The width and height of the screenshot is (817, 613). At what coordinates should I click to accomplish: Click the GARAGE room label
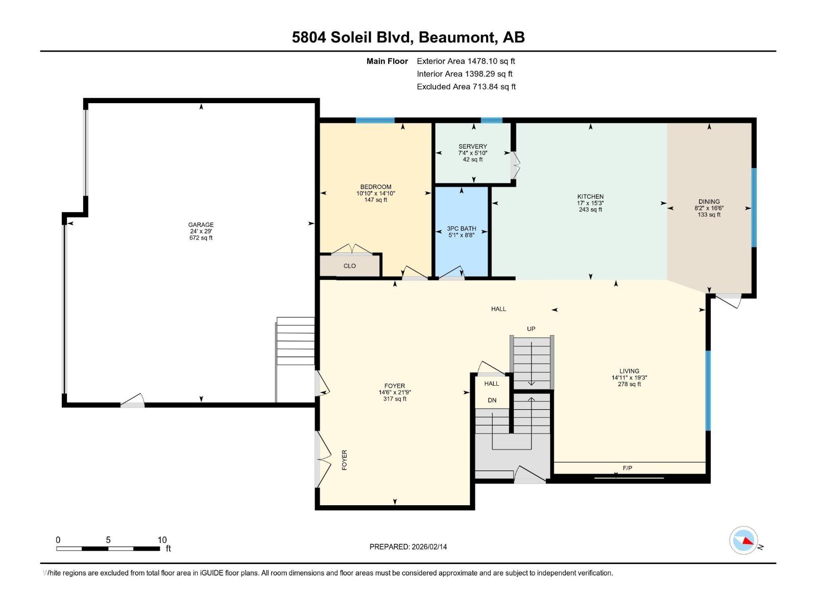(201, 225)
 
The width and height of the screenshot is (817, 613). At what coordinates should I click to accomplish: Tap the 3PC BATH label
(462, 229)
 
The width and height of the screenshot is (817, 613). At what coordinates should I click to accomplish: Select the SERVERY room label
(472, 147)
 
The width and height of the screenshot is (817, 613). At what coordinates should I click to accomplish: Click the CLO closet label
(349, 266)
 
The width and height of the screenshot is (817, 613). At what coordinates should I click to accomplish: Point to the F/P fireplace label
(627, 468)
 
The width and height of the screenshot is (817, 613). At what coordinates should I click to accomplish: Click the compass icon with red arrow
(743, 540)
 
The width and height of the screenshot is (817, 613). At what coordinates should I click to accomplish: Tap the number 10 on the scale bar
(162, 540)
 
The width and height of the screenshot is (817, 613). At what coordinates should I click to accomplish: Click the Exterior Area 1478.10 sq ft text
(466, 61)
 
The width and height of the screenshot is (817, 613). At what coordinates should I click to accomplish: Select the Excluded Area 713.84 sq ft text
(466, 87)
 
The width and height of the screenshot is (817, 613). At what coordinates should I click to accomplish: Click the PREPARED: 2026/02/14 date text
(408, 547)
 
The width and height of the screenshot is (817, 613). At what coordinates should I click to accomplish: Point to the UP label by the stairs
(531, 329)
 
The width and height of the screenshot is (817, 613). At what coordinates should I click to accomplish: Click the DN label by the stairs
(492, 400)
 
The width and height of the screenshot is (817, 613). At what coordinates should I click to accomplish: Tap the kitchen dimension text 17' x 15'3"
(590, 203)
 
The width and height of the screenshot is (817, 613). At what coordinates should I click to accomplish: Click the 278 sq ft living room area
(629, 384)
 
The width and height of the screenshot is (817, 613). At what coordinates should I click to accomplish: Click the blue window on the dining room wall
(754, 208)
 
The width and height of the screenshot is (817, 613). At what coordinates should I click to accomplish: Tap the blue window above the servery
(491, 121)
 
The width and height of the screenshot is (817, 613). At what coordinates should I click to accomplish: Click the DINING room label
(709, 202)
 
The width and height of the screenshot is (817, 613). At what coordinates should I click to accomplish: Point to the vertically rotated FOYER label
(344, 460)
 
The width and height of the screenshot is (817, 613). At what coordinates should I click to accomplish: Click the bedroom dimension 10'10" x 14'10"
(376, 194)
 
